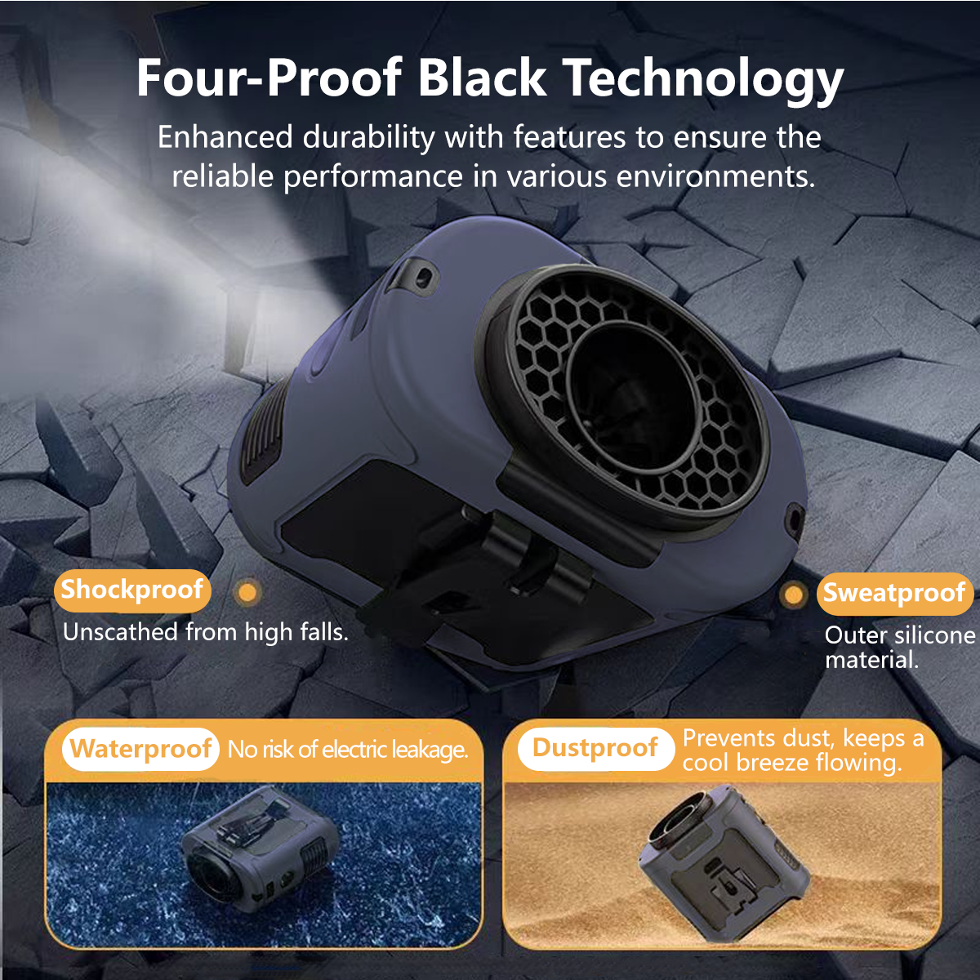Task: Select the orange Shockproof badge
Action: tap(132, 590)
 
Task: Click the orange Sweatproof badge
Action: tap(894, 594)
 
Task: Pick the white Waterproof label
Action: tap(140, 749)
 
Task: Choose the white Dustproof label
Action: tap(595, 749)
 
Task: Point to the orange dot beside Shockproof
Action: tap(247, 592)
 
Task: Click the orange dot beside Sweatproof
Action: tap(793, 595)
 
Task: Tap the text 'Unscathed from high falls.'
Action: tap(206, 633)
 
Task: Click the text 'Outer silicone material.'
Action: tap(900, 648)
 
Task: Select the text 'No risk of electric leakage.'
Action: tap(347, 750)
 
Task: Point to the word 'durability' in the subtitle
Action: tap(368, 137)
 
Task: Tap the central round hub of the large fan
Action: tap(633, 397)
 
